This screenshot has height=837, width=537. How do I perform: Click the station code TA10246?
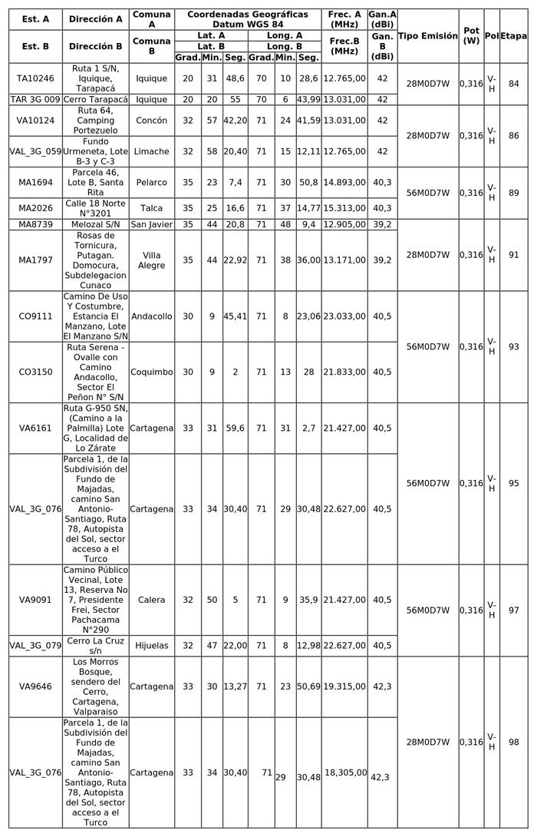35,78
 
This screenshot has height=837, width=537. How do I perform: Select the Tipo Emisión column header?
428,36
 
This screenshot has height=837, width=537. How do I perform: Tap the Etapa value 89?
513,193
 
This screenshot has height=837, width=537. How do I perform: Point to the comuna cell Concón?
151,121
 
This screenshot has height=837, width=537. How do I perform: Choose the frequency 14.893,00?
344,182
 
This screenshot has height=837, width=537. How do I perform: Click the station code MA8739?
35,224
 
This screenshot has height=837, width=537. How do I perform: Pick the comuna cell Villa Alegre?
151,260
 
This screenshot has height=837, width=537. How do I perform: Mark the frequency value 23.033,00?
344,316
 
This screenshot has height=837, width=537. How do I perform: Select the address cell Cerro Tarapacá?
96,99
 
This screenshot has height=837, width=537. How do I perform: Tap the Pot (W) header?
472,36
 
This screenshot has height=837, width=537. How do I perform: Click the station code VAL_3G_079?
35,646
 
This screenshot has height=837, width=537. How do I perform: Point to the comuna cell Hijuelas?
151,646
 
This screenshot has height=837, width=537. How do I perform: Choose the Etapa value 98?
513,742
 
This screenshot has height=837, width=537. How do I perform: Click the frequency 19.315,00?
344,686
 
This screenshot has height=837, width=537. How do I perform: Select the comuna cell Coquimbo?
151,372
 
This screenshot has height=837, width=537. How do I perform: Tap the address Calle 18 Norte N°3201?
96,208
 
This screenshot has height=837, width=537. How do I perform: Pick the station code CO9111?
35,316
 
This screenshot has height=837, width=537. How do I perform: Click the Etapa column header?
513,36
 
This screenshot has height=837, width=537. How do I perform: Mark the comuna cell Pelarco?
151,182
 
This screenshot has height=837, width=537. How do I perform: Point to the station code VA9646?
35,686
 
